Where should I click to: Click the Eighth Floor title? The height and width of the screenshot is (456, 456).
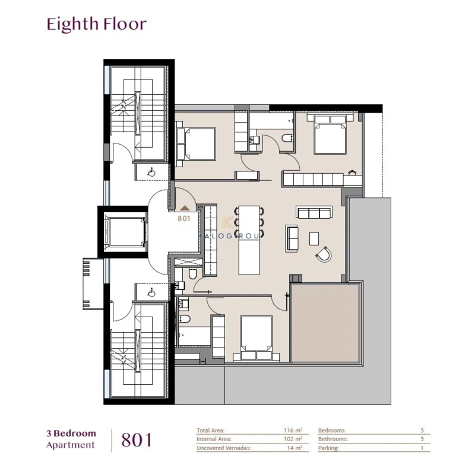click(x=96, y=24)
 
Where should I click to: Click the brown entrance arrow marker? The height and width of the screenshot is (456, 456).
click(x=185, y=208)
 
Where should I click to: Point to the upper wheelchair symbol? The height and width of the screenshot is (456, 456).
click(x=151, y=172)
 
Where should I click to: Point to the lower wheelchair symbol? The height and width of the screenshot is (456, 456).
click(x=151, y=292)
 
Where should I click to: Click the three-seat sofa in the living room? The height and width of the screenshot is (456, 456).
click(x=314, y=212)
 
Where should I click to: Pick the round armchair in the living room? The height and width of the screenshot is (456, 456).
click(x=324, y=255)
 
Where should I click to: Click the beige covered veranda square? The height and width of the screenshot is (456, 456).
click(x=325, y=323)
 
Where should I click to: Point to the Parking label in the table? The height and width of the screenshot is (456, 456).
click(x=330, y=448)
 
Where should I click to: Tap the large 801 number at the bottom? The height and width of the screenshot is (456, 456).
click(x=137, y=439)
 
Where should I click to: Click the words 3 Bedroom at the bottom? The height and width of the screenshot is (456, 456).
click(x=71, y=433)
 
